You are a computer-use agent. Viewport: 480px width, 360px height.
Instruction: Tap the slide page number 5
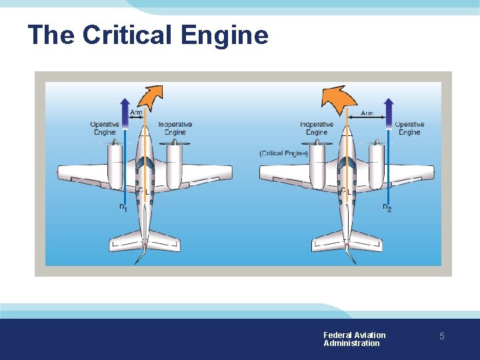[441, 337]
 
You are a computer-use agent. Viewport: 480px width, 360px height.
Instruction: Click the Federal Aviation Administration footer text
[354, 339]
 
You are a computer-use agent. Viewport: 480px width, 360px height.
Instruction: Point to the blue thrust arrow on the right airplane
[389, 110]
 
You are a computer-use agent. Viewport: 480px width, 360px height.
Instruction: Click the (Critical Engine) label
[283, 154]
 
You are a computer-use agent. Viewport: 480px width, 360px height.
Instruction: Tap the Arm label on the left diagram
[136, 113]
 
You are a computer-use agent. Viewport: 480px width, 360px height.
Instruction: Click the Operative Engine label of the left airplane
[105, 128]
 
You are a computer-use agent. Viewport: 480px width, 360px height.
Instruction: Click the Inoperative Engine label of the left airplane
[175, 128]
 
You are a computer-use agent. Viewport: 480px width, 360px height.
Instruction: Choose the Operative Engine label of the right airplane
[409, 128]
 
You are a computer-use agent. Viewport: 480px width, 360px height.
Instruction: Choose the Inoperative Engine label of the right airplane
[317, 128]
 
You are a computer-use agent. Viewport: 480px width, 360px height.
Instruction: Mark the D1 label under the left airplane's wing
[123, 209]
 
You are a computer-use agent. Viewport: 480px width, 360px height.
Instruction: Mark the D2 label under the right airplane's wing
[387, 209]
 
